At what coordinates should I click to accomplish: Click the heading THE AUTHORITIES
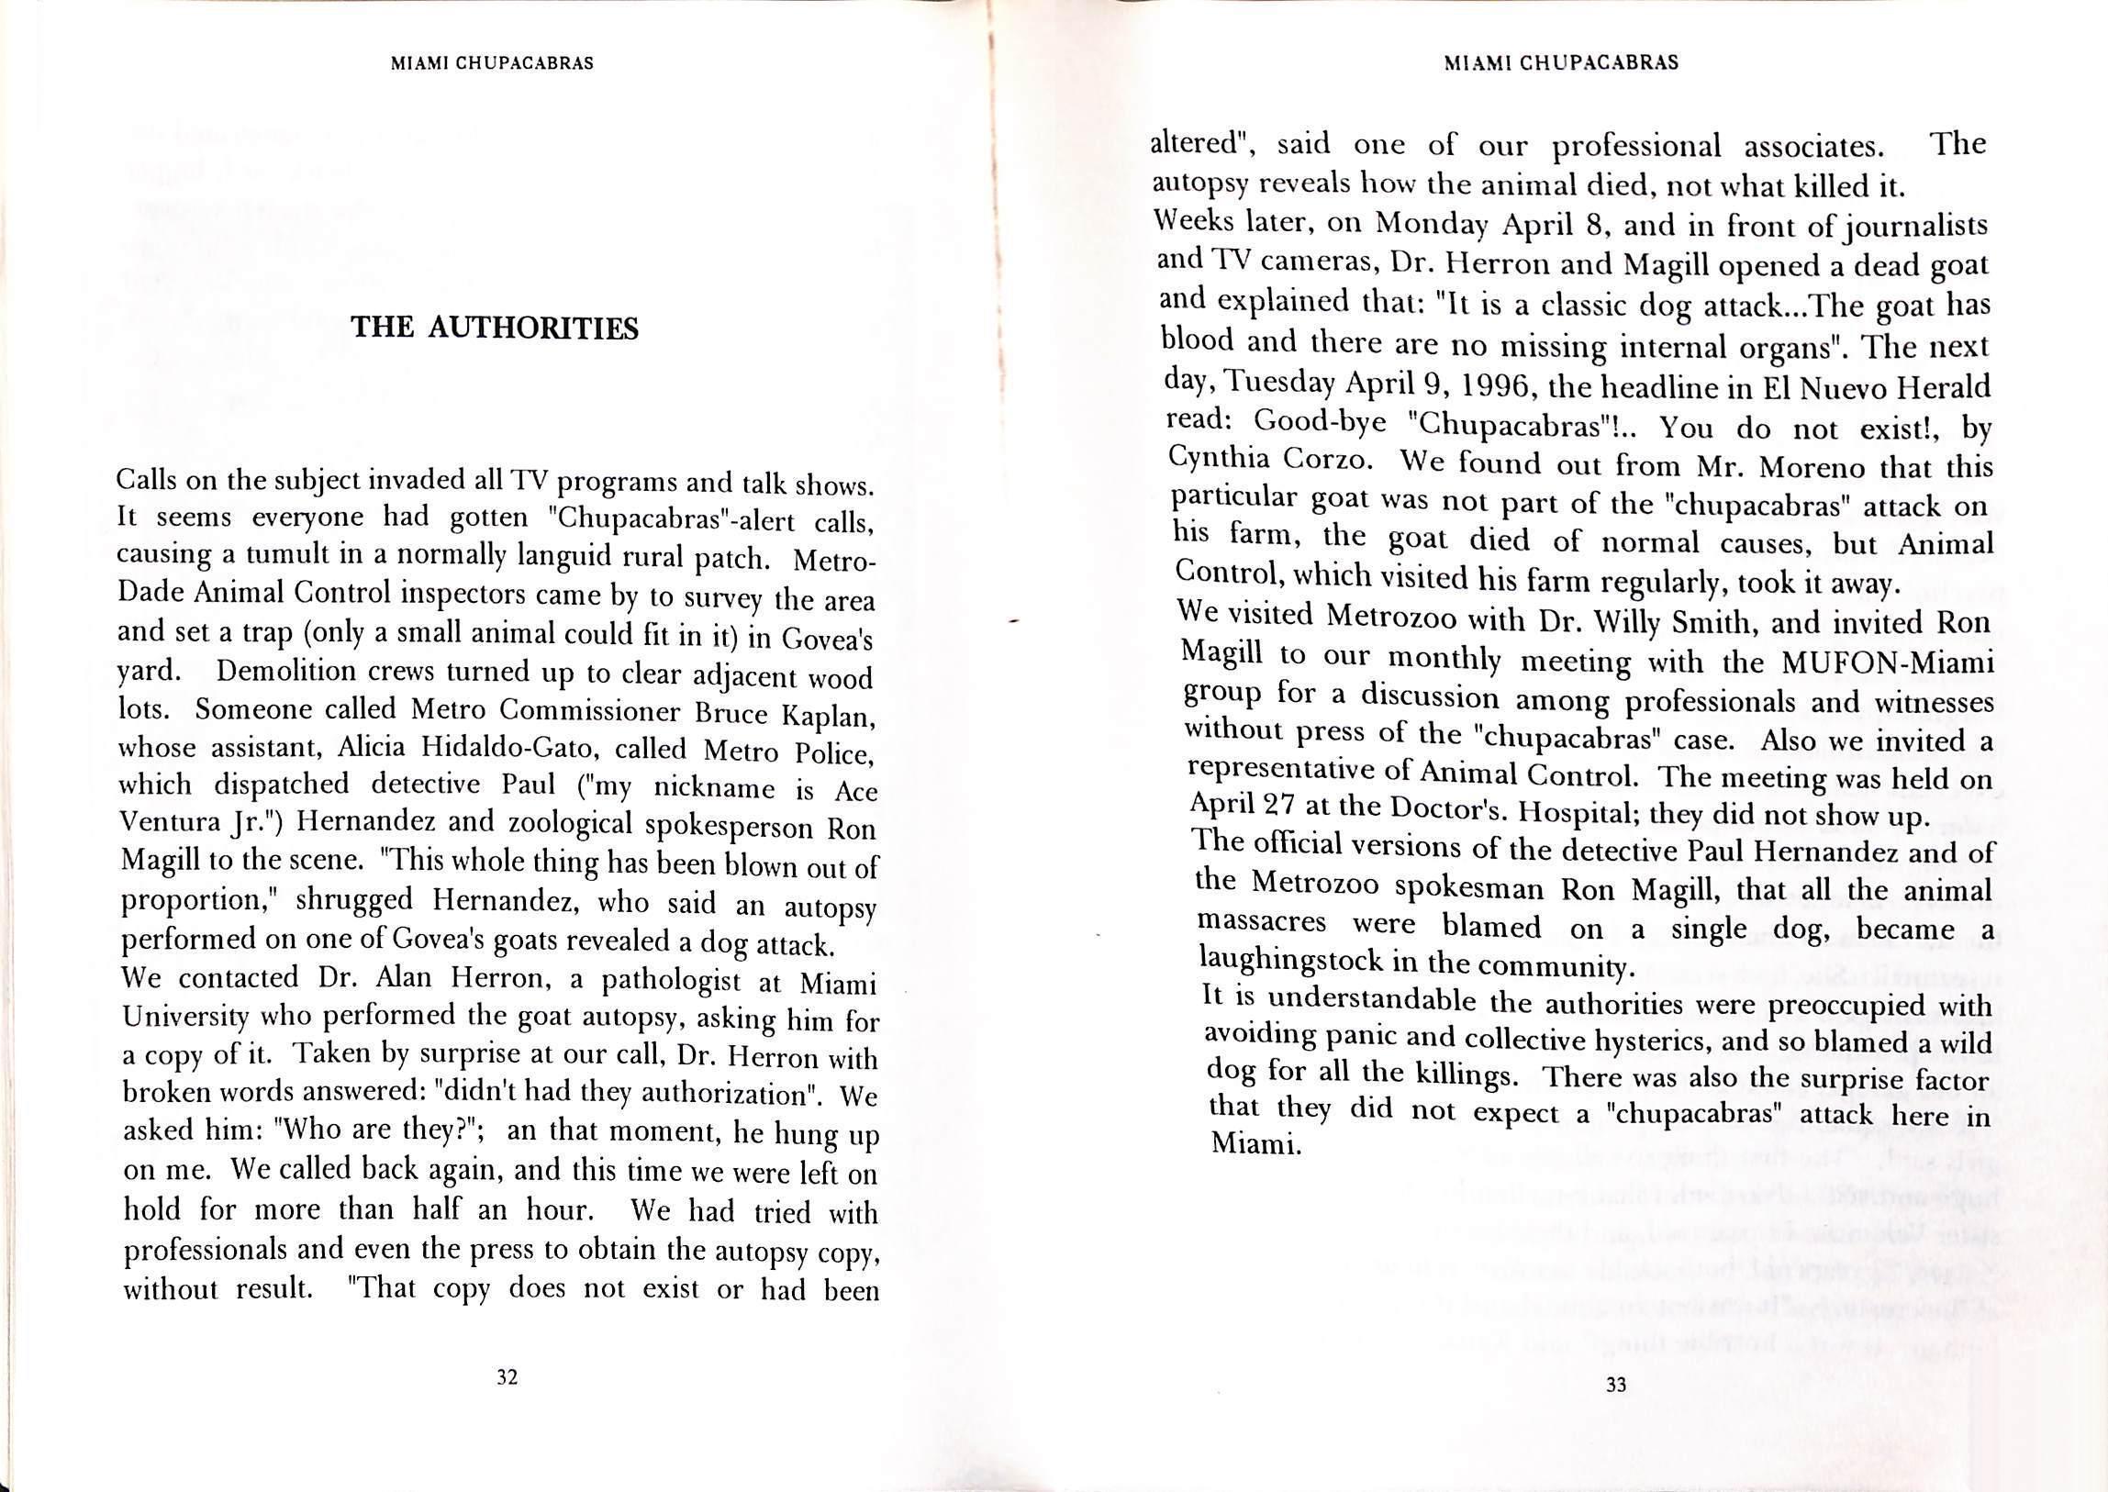click(495, 328)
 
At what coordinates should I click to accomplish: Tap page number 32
click(507, 1376)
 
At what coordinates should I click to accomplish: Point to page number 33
click(1615, 1385)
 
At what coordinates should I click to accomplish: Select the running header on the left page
click(492, 63)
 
